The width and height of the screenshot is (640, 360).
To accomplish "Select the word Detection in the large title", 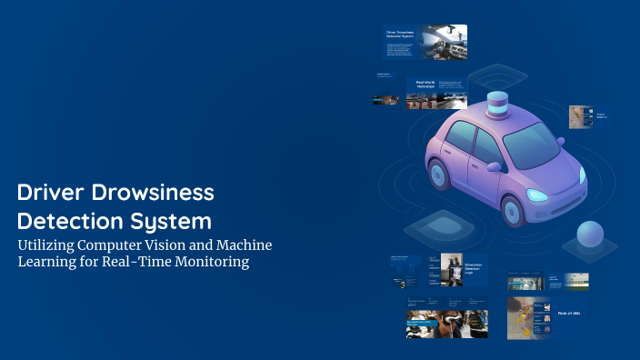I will coord(69,221).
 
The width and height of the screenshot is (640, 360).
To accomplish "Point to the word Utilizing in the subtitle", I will coord(51,245).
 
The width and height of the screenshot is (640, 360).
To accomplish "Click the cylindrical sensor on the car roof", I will coord(497,106).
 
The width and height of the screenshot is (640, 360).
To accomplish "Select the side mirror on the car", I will coord(494,167).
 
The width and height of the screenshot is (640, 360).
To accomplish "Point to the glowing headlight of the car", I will coord(537,195).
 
